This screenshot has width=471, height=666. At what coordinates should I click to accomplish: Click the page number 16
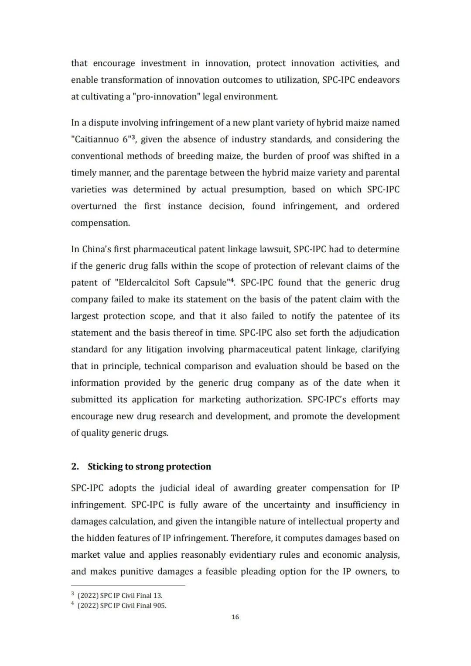[235, 617]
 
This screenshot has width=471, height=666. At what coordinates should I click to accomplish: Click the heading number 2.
[75, 467]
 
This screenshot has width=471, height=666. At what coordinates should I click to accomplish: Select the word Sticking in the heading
[105, 467]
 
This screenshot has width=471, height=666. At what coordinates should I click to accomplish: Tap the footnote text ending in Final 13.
[120, 595]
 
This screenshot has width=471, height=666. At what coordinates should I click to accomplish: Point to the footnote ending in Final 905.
[122, 605]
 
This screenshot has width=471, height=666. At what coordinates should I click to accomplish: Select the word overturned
[94, 206]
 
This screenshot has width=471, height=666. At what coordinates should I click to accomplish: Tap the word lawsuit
[275, 249]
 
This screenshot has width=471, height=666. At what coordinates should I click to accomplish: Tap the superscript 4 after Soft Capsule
[232, 280]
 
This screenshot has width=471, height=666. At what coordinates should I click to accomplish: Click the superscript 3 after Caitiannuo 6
[133, 137]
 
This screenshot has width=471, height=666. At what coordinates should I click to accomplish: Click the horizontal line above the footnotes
[128, 585]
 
